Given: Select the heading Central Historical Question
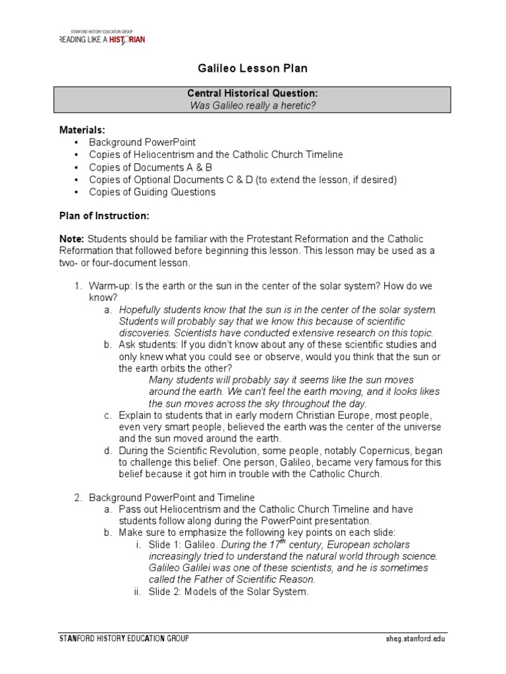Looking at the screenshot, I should (254, 93).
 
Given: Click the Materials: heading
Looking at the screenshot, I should (82, 130).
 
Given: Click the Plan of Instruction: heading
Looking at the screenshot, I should (105, 216).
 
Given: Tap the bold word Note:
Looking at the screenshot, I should (72, 238).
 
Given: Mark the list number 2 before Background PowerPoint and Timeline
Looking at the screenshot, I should (77, 498).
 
